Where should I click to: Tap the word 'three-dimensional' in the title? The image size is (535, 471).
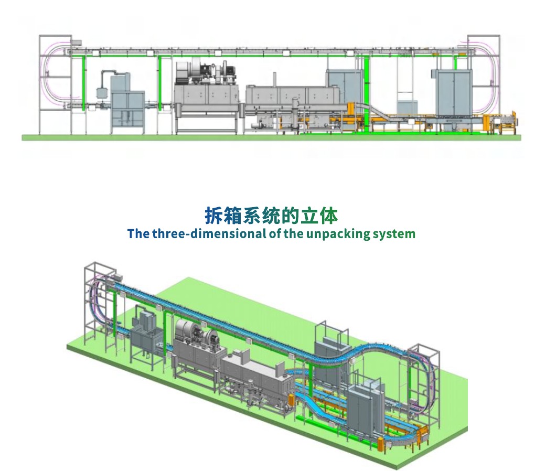pos(208,234)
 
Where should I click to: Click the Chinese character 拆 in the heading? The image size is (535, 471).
pos(213,216)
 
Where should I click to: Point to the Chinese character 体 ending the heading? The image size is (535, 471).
pos(328,216)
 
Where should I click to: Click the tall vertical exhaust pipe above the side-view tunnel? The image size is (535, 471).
pos(274,80)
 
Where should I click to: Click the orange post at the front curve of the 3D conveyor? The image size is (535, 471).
pos(291,402)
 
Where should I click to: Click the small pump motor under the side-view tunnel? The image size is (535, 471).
pos(256,125)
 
